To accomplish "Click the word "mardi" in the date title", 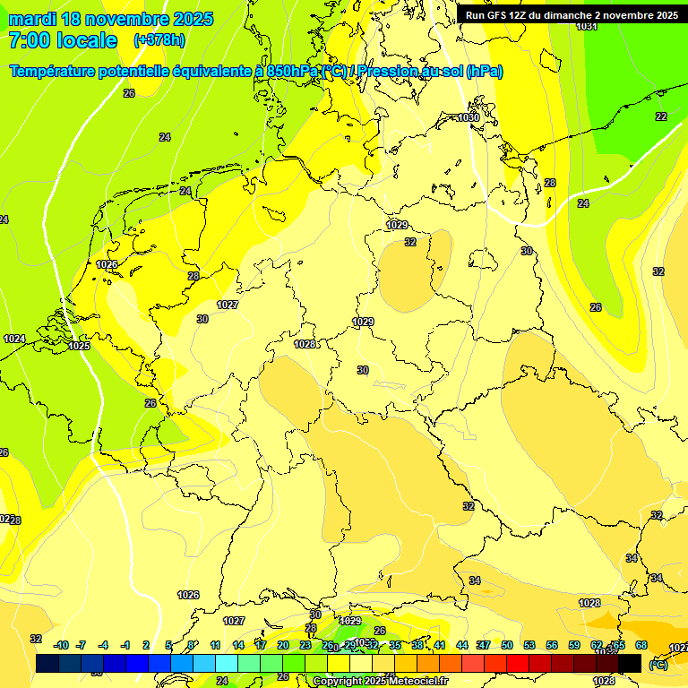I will (x=31, y=19).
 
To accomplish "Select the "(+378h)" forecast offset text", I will (x=160, y=40).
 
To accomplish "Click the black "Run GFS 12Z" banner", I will (x=572, y=15).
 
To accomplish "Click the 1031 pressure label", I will (x=587, y=26).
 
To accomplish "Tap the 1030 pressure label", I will (x=469, y=117).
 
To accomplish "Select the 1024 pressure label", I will (x=14, y=339).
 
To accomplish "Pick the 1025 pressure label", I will (x=79, y=346).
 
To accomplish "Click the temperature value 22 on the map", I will (x=661, y=116).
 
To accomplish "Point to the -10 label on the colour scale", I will (x=61, y=645).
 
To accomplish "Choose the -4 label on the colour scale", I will (x=103, y=645).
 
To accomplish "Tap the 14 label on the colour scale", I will (x=238, y=645).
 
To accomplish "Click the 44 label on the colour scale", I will (x=462, y=645).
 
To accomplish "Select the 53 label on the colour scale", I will (x=529, y=645).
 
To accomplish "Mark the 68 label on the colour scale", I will (x=641, y=645).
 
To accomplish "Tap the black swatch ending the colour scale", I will (x=631, y=663).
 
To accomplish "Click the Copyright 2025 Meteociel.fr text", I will (x=381, y=681).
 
